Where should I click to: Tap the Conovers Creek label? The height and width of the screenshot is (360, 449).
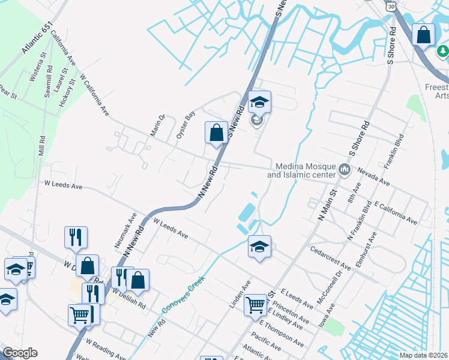(184, 294)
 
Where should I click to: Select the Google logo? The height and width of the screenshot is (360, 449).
(20, 353)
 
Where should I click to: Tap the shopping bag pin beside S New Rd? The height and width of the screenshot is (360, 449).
(216, 133)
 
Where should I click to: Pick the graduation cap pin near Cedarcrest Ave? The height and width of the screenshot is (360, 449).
(259, 247)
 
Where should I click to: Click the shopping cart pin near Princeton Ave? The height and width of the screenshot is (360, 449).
(256, 305)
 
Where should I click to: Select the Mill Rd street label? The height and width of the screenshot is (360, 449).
(41, 146)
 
